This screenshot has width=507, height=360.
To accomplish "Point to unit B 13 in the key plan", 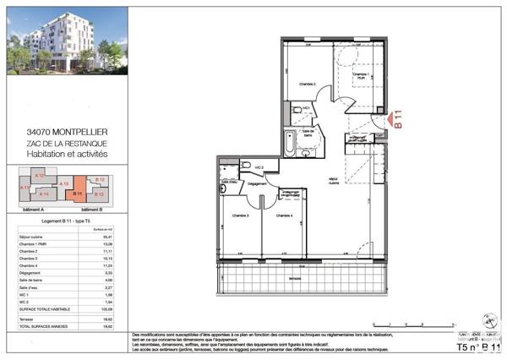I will pyautogui.click(x=99, y=194).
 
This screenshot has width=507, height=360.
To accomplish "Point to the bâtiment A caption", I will pyautogui.click(x=33, y=208).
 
